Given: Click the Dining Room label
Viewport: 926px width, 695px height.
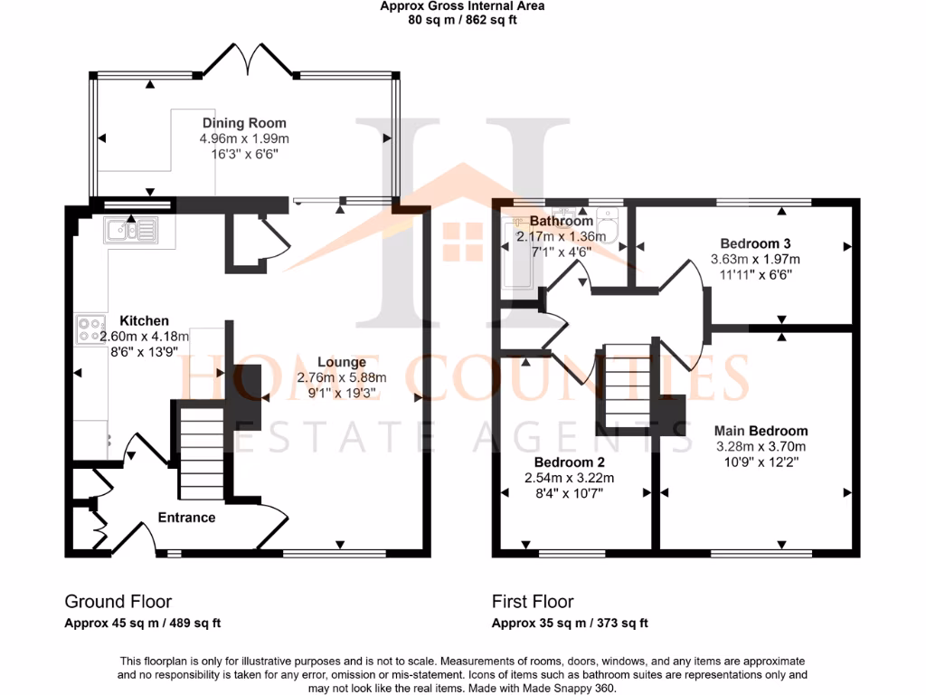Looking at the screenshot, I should (244, 123).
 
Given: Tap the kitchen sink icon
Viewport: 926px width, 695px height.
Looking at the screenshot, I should (131, 231).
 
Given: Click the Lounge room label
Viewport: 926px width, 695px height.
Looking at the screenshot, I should (342, 362).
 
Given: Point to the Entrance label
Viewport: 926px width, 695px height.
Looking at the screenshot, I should (186, 518).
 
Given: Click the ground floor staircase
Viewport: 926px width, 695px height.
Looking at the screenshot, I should (200, 452).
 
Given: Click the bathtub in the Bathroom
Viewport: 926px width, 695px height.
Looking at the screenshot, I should (518, 253).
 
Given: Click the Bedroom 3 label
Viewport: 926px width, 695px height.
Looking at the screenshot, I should (749, 243).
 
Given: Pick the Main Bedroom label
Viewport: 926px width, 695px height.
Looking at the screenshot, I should (761, 431).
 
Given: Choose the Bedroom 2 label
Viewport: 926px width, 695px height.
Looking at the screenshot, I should (557, 462).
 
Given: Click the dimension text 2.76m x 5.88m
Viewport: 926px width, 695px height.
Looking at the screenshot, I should (343, 377).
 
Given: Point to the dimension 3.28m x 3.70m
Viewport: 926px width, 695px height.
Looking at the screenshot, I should (761, 446).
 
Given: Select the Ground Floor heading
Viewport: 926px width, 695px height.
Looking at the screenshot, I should (118, 602).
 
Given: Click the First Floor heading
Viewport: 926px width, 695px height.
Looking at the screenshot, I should (533, 602).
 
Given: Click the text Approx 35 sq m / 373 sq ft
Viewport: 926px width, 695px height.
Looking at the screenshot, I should (570, 623).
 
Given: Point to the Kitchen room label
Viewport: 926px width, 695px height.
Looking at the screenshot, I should (144, 320).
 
